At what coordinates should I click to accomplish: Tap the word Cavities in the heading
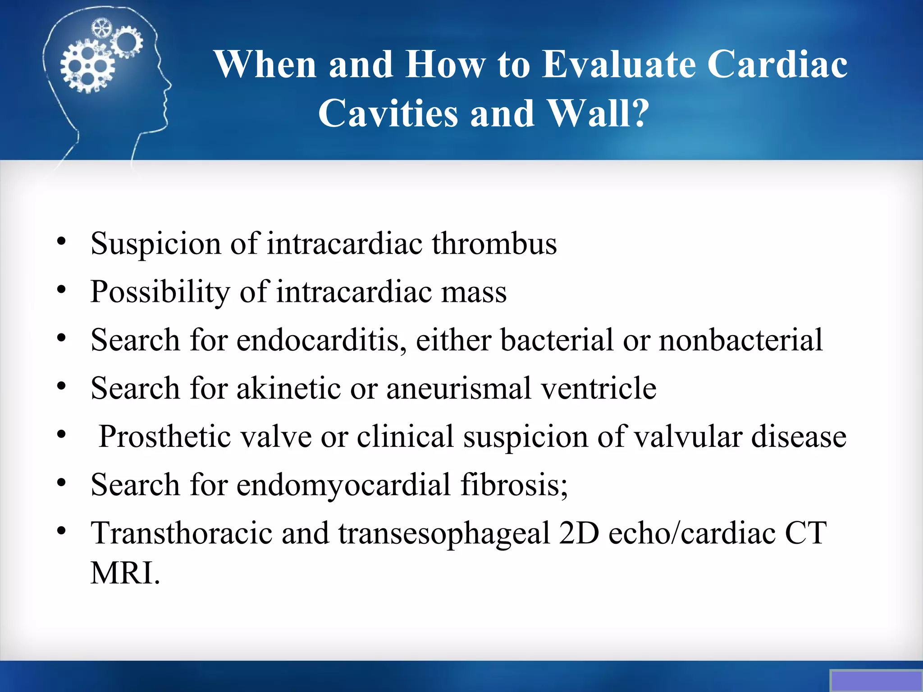tap(388, 113)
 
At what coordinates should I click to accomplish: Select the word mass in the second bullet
tap(474, 292)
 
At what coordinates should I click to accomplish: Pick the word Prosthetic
tap(164, 437)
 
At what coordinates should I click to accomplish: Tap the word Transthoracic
tap(181, 533)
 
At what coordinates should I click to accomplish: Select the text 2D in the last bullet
tap(578, 533)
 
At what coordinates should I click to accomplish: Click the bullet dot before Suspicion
tap(62, 241)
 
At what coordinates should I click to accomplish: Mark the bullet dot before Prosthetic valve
tap(62, 435)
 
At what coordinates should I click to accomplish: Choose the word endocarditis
tap(318, 340)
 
